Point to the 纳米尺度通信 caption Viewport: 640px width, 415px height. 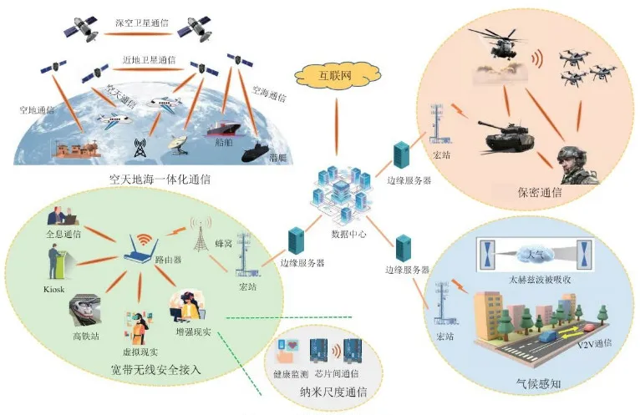[326, 391]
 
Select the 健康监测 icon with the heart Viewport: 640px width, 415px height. [294, 351]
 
